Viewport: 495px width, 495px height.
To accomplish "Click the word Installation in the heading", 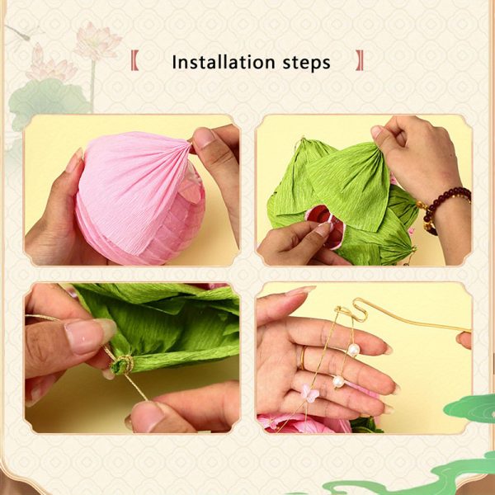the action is [x=224, y=62].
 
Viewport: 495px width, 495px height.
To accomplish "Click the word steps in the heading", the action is [x=307, y=64].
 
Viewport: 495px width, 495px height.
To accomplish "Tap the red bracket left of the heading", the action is [x=134, y=60].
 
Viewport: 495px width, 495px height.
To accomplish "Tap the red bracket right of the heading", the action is [x=360, y=60].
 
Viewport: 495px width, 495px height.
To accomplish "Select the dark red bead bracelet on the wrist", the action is [x=444, y=207].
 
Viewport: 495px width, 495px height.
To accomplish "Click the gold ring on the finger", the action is [x=303, y=358].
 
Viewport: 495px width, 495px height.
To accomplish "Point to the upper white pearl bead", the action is [x=353, y=350].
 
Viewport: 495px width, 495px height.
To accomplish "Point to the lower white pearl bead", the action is [x=338, y=381].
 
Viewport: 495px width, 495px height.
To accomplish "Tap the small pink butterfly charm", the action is [x=309, y=393].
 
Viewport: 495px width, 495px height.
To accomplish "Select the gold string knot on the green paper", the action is [x=126, y=365].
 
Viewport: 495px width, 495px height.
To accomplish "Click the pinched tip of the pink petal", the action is [x=190, y=144].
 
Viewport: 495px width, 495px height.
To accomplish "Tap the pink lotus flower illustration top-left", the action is [x=98, y=41].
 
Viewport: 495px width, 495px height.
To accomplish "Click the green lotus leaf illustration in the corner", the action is [x=47, y=101].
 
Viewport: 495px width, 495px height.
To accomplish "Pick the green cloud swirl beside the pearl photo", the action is [x=470, y=409].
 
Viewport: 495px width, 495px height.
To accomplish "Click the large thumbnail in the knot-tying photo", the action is [x=90, y=337].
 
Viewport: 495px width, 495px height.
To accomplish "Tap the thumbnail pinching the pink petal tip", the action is [x=203, y=138].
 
